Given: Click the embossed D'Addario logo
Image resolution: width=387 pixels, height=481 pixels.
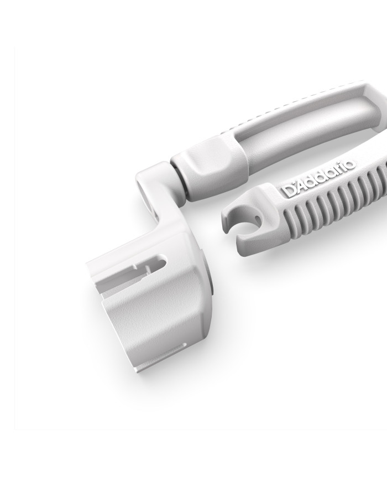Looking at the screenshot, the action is pyautogui.click(x=318, y=178).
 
